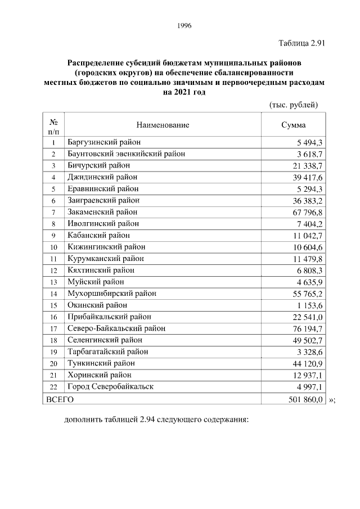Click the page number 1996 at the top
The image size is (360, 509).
click(184, 25)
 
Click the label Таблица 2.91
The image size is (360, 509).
click(302, 43)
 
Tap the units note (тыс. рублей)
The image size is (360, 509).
click(294, 105)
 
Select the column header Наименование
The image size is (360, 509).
click(163, 125)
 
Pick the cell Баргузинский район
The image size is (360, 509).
click(104, 142)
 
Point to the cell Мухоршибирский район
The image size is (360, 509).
click(111, 294)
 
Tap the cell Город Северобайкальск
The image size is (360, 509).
click(110, 386)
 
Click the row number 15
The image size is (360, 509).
click(53, 305)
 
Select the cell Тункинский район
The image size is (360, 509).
click(100, 363)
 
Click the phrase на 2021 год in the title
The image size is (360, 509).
click(184, 92)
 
